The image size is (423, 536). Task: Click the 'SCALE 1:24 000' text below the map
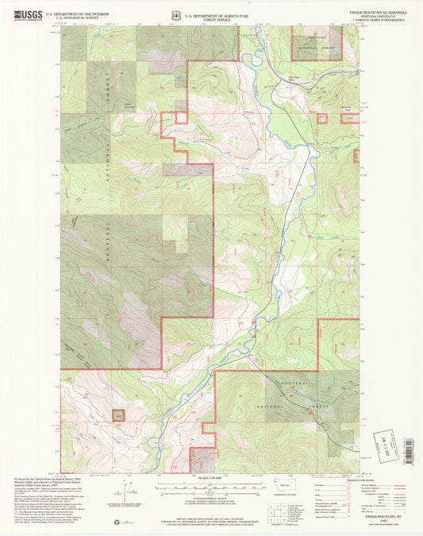pos(210,478)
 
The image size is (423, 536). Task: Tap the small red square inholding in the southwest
pos(119,415)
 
